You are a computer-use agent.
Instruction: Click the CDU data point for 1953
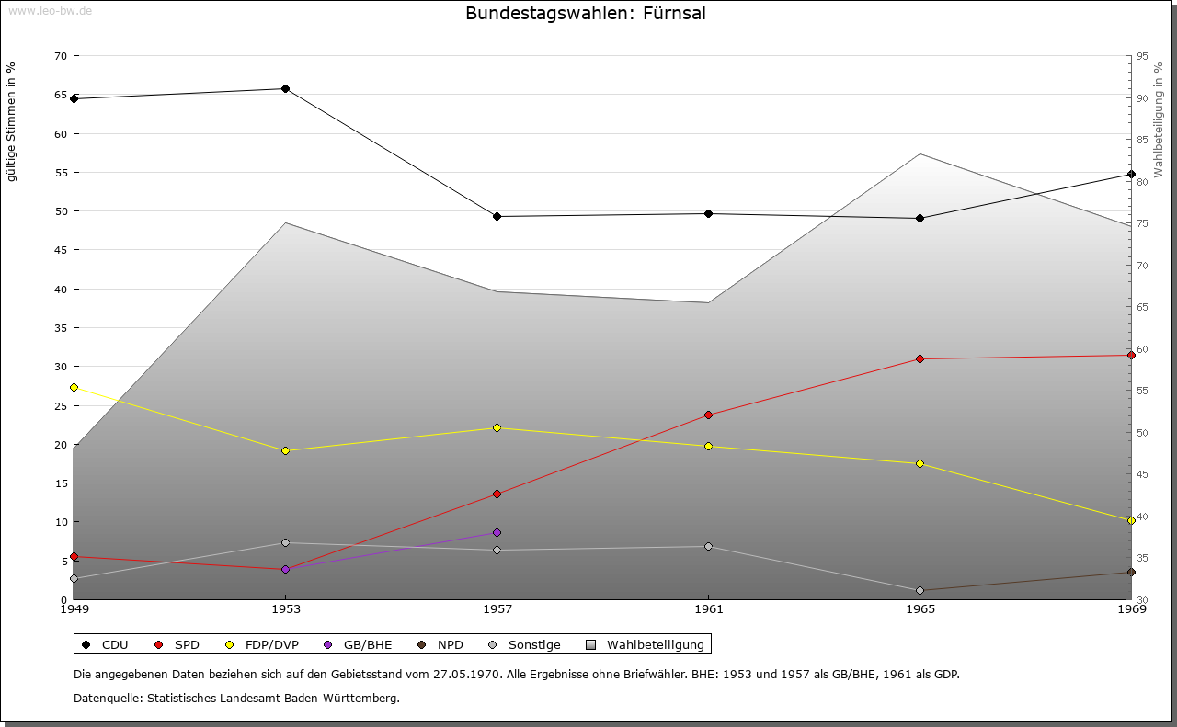[285, 89]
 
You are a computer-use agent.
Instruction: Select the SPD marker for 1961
[708, 415]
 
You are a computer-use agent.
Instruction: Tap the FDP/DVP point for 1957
[497, 427]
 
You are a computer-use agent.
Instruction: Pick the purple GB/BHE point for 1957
[497, 532]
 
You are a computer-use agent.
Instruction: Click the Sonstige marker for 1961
[708, 546]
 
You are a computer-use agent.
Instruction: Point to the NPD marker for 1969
[1131, 572]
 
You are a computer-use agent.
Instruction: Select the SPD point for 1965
[920, 358]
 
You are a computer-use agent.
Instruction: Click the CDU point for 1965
[920, 218]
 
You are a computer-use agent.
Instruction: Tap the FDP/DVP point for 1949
[74, 387]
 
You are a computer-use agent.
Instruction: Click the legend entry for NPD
[450, 644]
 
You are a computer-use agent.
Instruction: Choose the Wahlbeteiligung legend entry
[655, 644]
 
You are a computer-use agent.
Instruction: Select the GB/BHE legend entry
[366, 644]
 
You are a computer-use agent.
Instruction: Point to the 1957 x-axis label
[497, 608]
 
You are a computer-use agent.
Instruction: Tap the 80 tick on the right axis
[1142, 182]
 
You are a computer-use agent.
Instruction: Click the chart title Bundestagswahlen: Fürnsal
[586, 13]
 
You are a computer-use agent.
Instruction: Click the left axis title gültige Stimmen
[12, 121]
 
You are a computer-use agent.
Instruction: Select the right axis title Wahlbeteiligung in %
[1158, 119]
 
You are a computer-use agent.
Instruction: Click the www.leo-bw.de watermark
[49, 8]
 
